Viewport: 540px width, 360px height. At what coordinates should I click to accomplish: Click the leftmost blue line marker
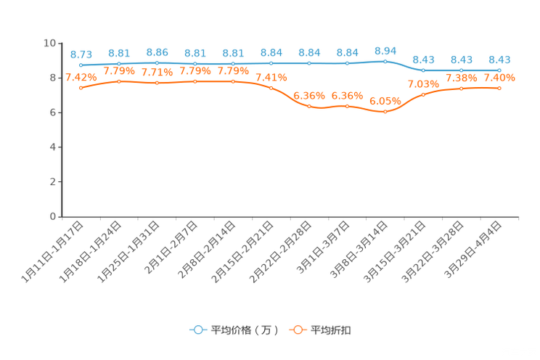tap(81, 65)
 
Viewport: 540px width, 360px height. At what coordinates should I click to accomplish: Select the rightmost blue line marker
tap(499, 70)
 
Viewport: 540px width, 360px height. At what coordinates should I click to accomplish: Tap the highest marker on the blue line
tap(385, 61)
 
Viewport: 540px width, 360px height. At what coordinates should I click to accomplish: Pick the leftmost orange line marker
tap(81, 87)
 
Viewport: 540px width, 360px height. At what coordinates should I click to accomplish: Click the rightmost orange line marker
tap(499, 88)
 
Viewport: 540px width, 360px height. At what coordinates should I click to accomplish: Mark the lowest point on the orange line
tap(385, 112)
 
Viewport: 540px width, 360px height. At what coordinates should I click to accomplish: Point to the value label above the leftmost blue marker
tap(81, 54)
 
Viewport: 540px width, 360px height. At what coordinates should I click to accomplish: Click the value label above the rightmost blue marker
tap(499, 60)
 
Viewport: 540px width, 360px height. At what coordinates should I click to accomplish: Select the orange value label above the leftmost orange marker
tap(81, 76)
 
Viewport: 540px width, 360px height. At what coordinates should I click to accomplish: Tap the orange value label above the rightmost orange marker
tap(499, 77)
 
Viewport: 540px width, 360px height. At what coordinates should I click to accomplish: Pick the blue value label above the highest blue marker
tap(385, 50)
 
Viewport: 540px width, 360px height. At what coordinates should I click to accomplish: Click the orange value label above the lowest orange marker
tap(385, 102)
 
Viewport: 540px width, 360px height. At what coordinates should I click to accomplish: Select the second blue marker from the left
tap(119, 63)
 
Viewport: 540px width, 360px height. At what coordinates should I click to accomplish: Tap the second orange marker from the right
tap(462, 89)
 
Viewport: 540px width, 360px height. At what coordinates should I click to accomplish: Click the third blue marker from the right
tap(423, 70)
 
